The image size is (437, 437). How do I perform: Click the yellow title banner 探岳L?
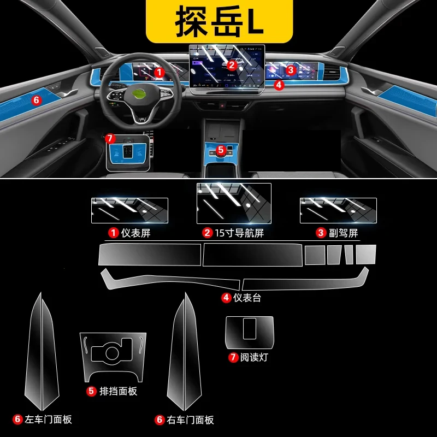click(x=220, y=21)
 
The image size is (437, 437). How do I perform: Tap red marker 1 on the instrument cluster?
click(x=159, y=73)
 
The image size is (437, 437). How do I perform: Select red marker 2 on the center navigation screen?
click(x=232, y=65)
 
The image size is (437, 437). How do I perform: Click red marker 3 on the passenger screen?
click(x=291, y=70)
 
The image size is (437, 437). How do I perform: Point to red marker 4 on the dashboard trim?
click(x=279, y=85)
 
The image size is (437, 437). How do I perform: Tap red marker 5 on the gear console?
click(x=221, y=150)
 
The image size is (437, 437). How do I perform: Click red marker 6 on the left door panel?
click(x=37, y=100)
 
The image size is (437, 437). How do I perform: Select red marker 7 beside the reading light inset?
click(x=110, y=138)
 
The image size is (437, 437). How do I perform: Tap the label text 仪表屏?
click(x=135, y=233)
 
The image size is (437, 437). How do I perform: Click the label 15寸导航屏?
click(x=239, y=233)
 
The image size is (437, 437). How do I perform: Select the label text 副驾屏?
click(x=344, y=233)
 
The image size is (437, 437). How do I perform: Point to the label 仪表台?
click(x=247, y=298)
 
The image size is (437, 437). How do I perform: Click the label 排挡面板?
click(x=118, y=391)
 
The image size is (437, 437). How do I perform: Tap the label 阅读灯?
click(x=253, y=357)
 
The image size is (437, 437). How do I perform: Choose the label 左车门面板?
click(x=48, y=420)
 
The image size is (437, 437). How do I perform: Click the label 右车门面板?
click(x=190, y=420)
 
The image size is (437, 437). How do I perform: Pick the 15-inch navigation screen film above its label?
click(x=234, y=203)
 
